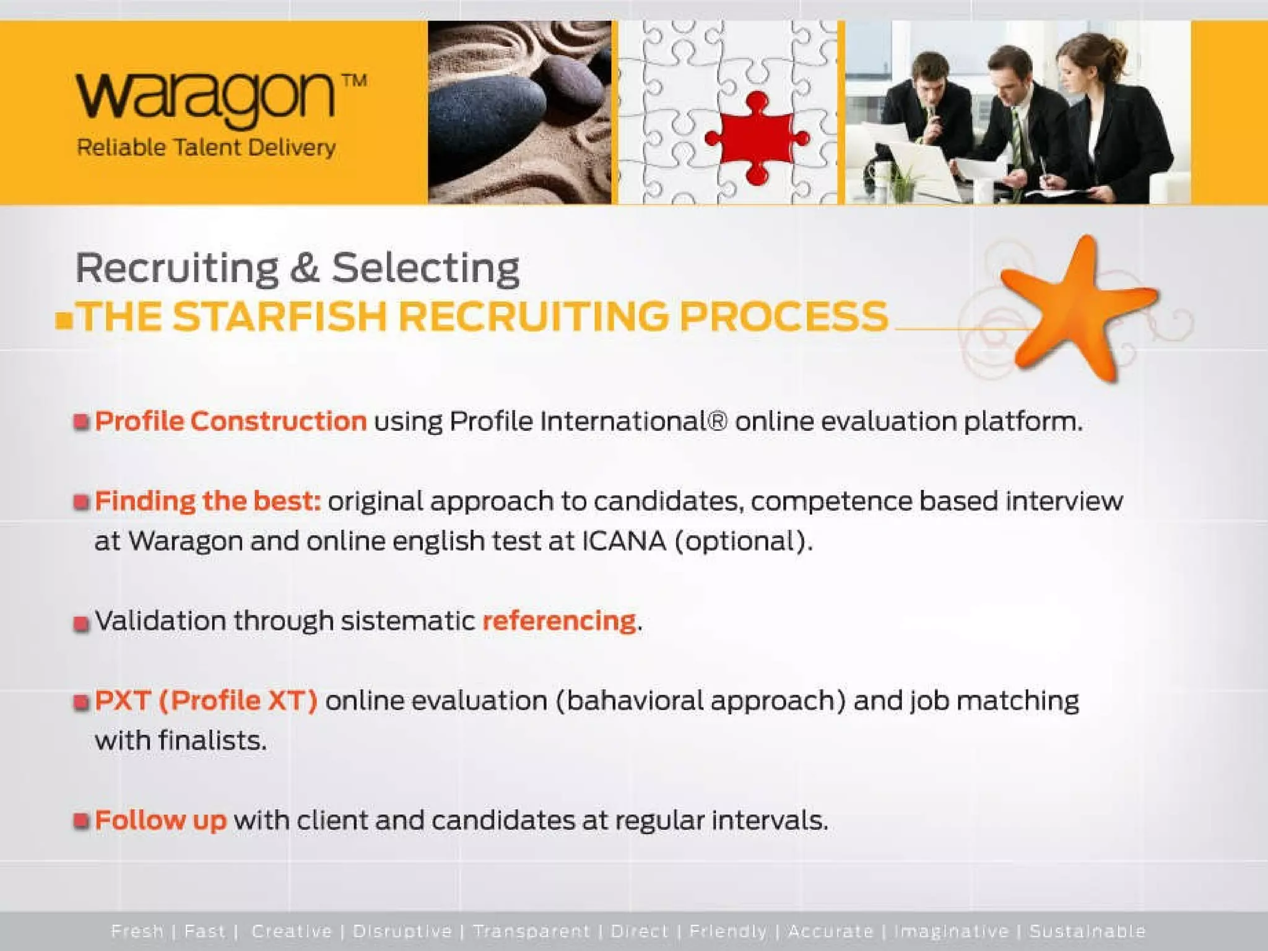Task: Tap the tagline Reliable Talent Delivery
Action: point(206,148)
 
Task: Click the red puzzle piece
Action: point(756,137)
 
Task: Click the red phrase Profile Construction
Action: point(231,421)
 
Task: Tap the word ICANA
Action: point(623,541)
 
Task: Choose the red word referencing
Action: point(559,620)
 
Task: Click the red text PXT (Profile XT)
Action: point(206,701)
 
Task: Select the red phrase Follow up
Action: point(161,820)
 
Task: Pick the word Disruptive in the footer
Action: point(402,931)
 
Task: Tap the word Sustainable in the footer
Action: point(1087,931)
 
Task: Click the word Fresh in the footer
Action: point(137,931)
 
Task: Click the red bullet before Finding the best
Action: point(81,502)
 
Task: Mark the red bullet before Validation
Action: point(81,622)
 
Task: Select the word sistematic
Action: point(407,620)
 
